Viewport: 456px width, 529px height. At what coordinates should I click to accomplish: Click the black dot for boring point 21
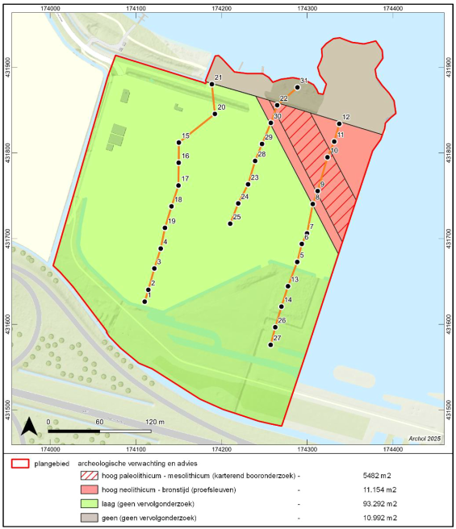point(211,84)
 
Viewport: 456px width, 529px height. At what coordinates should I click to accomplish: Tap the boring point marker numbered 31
point(297,87)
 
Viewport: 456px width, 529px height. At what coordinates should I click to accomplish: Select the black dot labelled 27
point(271,344)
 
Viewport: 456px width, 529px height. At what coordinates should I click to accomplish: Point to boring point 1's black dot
point(144,302)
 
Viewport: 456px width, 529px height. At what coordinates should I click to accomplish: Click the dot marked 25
point(231,223)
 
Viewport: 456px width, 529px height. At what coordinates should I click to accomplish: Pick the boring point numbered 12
point(339,123)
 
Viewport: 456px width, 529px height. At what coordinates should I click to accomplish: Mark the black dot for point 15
point(179,143)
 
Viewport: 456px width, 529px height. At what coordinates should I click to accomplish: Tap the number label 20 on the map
point(221,107)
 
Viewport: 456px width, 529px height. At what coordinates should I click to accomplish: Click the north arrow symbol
point(28,426)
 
